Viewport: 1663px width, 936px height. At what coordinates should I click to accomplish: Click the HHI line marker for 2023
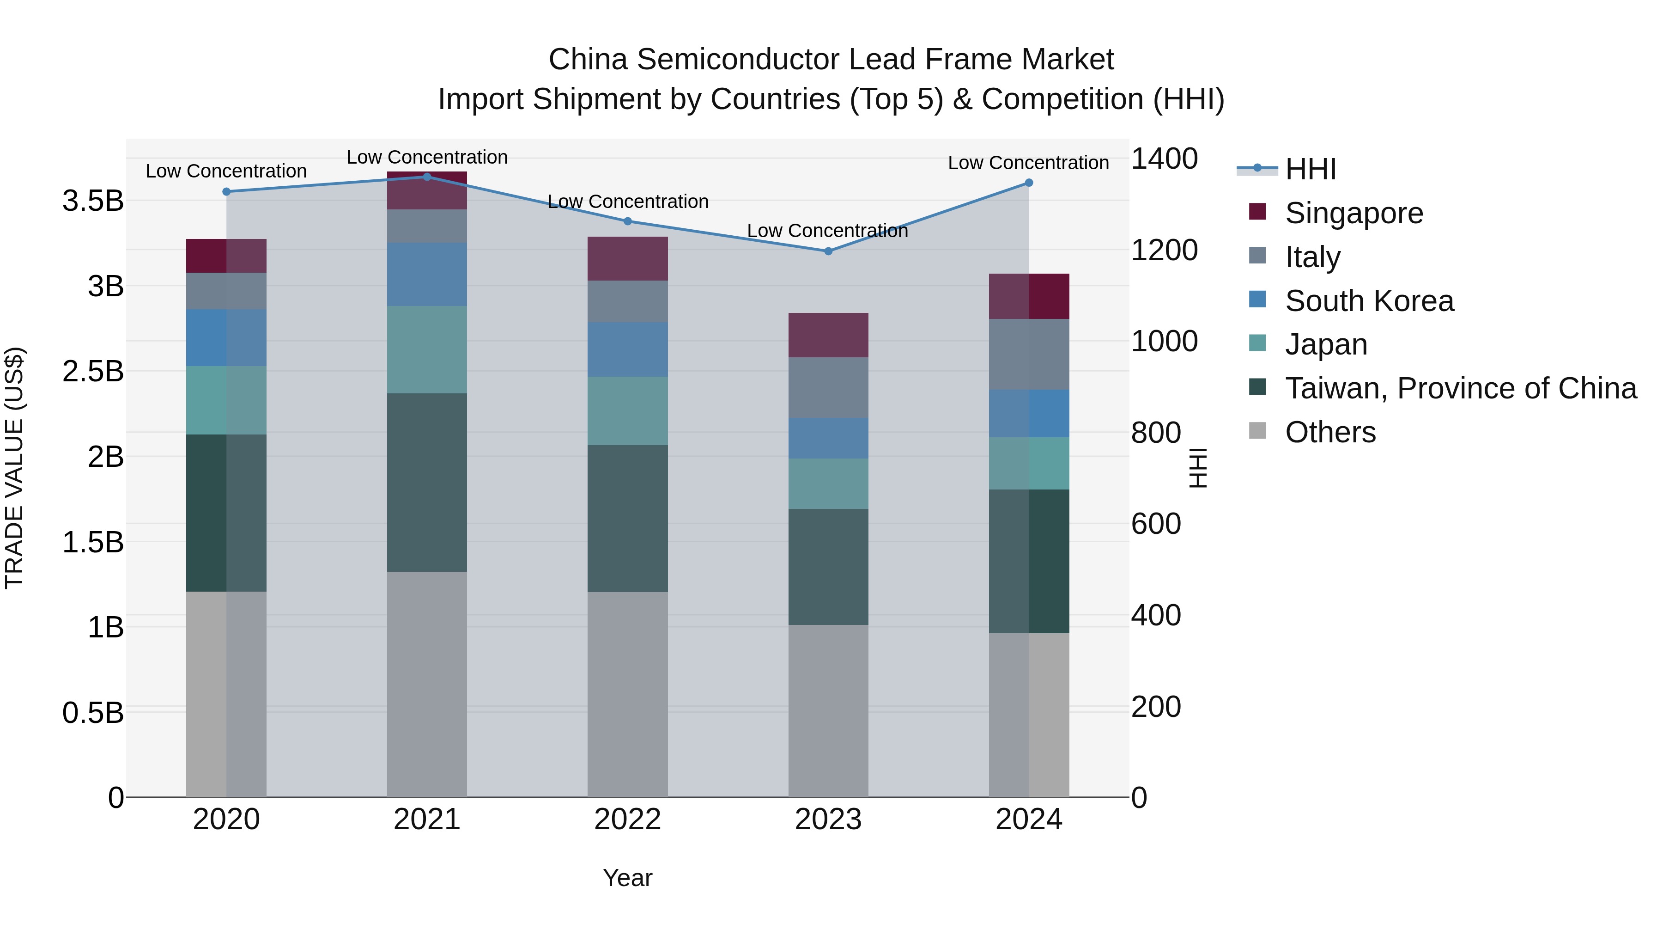pyautogui.click(x=828, y=251)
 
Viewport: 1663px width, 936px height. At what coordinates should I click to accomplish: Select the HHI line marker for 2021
pyautogui.click(x=427, y=177)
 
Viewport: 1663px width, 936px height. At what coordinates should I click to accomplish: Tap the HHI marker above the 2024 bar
pyautogui.click(x=1029, y=183)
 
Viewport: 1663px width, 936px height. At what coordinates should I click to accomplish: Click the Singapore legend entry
pyautogui.click(x=1353, y=213)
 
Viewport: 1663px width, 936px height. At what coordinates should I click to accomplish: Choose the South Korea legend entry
pyautogui.click(x=1369, y=301)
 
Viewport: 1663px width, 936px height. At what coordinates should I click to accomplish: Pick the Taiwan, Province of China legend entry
pyautogui.click(x=1460, y=388)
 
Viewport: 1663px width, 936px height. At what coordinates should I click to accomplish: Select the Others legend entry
pyautogui.click(x=1330, y=432)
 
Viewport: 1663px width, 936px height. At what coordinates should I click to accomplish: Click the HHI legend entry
pyautogui.click(x=1310, y=169)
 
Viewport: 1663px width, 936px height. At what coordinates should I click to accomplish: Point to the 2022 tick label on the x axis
pyautogui.click(x=627, y=820)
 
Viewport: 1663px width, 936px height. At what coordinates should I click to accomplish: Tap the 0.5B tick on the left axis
pyautogui.click(x=93, y=712)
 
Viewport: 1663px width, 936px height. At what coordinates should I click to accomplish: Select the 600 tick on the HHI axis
pyautogui.click(x=1156, y=523)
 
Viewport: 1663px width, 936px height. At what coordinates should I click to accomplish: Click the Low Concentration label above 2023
pyautogui.click(x=827, y=231)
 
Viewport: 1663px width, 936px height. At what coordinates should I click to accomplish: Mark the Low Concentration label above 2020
pyautogui.click(x=226, y=171)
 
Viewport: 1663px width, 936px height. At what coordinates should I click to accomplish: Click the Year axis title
pyautogui.click(x=627, y=878)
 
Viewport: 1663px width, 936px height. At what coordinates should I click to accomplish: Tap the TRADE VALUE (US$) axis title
pyautogui.click(x=14, y=468)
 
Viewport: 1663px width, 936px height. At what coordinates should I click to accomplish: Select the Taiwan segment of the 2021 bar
pyautogui.click(x=427, y=482)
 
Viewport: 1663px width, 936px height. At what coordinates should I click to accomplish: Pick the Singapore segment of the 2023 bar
pyautogui.click(x=828, y=335)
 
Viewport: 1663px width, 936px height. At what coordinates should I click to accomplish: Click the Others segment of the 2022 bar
pyautogui.click(x=627, y=694)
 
